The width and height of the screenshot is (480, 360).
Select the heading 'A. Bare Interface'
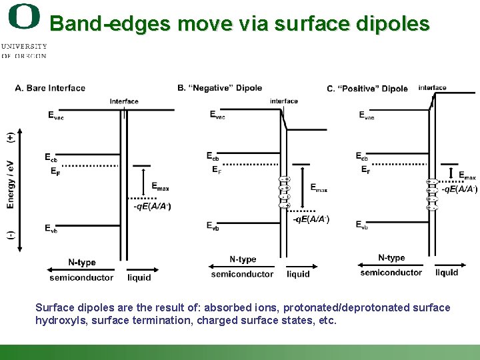[50, 88]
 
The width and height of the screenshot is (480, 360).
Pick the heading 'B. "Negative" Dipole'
[219, 88]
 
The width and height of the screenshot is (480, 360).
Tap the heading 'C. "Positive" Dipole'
[367, 89]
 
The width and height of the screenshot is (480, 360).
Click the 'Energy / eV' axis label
[11, 184]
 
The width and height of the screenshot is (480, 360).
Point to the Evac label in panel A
[55, 115]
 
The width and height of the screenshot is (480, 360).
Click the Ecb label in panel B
[213, 157]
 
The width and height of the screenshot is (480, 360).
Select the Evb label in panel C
[361, 225]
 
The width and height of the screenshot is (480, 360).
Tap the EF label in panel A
[55, 171]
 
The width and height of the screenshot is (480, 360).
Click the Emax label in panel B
[319, 188]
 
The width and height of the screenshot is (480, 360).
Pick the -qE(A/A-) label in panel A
[152, 206]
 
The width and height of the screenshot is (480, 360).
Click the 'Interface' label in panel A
[124, 101]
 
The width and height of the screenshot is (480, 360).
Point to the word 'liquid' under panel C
[446, 272]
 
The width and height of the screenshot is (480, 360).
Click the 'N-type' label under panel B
[243, 259]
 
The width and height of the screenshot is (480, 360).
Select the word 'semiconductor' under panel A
[81, 277]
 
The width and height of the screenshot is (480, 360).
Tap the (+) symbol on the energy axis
[11, 137]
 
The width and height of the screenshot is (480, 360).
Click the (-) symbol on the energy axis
[11, 235]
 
